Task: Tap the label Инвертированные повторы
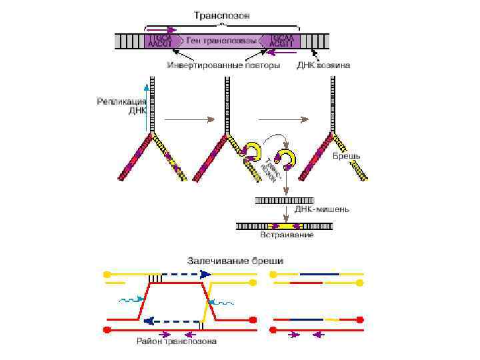tap(223, 66)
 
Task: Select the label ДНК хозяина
tap(324, 66)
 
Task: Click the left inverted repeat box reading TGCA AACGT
tap(159, 41)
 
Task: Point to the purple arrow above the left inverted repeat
tap(163, 30)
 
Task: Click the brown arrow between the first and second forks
tap(190, 120)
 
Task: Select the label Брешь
tap(346, 155)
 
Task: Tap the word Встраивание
tap(286, 235)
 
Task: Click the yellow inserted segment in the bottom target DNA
tap(285, 226)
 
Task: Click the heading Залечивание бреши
tap(235, 261)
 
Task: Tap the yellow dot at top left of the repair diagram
tap(106, 274)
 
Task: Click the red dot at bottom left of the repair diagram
tap(106, 329)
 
